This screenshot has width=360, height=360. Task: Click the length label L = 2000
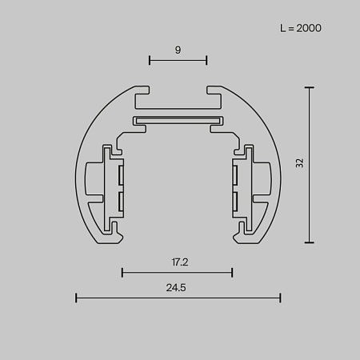301,28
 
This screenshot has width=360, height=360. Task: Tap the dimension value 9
178,50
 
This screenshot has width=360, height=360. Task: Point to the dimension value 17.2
178,262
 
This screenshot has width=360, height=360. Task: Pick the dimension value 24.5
178,288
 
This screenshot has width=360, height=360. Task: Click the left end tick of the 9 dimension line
150,60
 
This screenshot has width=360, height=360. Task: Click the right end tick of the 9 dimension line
207,60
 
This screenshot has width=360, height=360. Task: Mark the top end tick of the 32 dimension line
310,86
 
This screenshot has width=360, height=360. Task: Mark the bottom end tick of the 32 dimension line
310,242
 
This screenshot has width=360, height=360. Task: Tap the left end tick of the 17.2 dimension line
122,273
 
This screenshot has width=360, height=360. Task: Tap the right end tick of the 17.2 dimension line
232,273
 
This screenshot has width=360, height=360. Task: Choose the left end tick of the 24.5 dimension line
76,298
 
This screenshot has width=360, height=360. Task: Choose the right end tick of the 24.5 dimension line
281,298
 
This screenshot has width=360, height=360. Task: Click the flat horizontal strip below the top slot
178,121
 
